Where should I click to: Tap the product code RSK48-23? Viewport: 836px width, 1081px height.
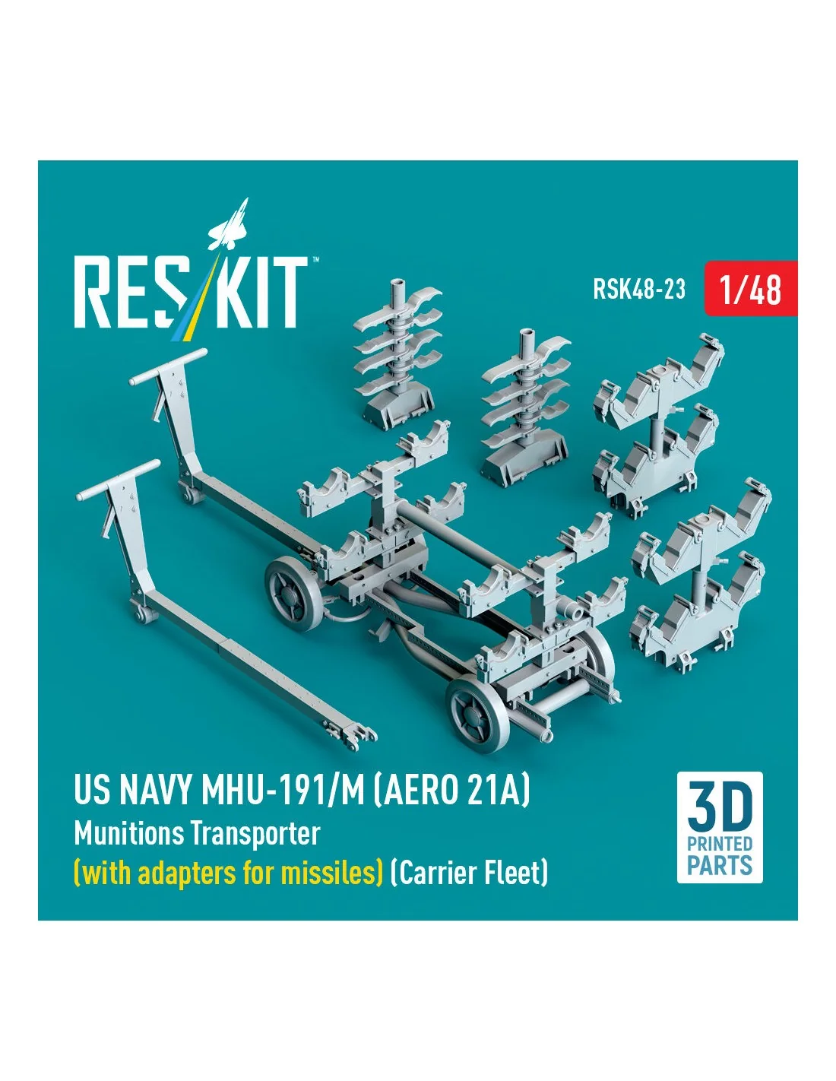[x=638, y=289]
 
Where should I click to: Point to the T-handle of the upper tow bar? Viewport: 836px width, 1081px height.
[x=168, y=366]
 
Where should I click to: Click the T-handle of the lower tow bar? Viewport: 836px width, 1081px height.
[x=118, y=480]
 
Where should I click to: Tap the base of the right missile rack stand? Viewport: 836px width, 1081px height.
[x=523, y=465]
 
